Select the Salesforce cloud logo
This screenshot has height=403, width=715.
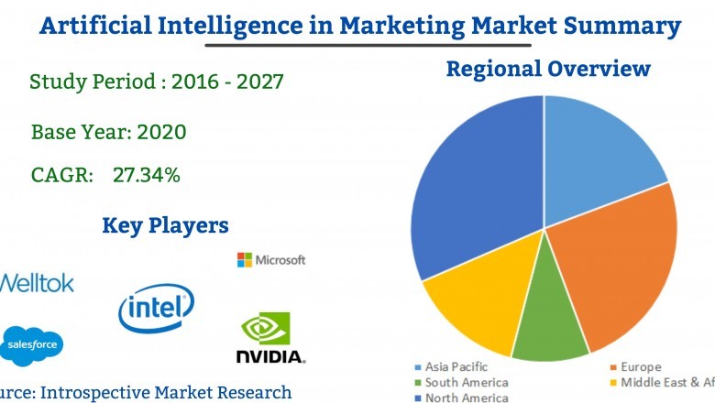(32, 344)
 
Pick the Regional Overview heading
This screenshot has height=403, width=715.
(547, 69)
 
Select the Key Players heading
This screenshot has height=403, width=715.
(165, 225)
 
